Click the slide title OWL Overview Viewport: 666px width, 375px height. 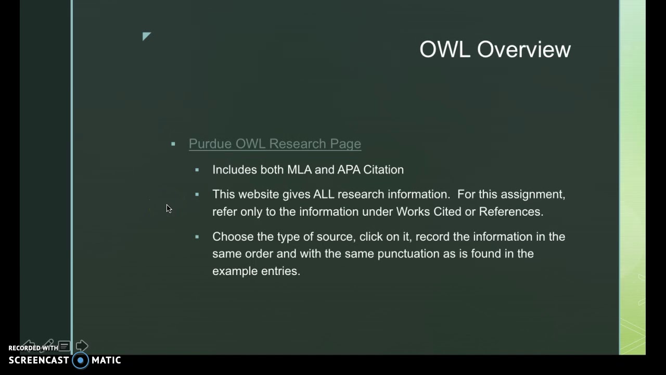[x=495, y=49]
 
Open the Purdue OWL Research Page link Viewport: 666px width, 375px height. [x=275, y=144]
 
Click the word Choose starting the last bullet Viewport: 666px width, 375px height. [x=233, y=236]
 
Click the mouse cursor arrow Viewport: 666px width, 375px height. [x=169, y=208]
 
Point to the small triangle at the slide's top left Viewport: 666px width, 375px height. [x=146, y=36]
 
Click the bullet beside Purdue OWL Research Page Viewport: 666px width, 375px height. [x=173, y=144]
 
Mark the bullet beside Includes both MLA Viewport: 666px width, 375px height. [x=197, y=170]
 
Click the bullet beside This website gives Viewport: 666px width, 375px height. [x=197, y=194]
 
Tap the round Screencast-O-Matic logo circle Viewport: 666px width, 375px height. [x=81, y=360]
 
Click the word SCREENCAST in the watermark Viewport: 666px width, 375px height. [x=39, y=360]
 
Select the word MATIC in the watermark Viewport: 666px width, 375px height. [x=106, y=360]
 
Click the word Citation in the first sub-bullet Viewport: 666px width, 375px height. [x=383, y=170]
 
